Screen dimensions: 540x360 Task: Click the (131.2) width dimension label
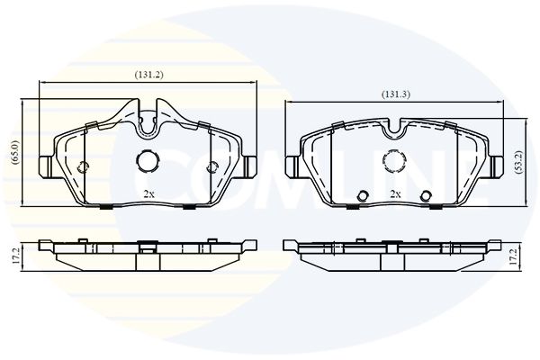(148, 75)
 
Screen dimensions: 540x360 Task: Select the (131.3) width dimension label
(395, 94)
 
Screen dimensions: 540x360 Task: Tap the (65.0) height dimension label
(15, 152)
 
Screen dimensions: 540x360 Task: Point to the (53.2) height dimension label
(519, 162)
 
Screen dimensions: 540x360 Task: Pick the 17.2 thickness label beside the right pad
(514, 256)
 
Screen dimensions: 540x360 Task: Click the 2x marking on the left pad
(148, 194)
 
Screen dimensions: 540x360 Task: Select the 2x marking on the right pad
(395, 194)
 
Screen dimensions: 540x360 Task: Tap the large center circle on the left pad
(148, 160)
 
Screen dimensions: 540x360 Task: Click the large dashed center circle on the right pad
(394, 160)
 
